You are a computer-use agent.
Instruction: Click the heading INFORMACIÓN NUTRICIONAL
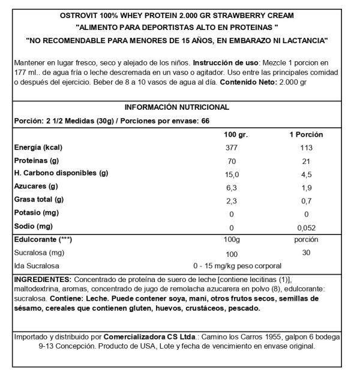click(x=176, y=107)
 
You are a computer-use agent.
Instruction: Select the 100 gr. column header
click(x=233, y=135)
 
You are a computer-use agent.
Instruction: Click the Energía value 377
click(x=232, y=148)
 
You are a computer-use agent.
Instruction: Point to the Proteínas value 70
click(x=232, y=161)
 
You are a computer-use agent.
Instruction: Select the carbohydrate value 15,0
click(x=232, y=174)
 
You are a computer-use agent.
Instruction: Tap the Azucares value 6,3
click(x=232, y=187)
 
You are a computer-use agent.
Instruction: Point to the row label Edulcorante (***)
click(x=43, y=239)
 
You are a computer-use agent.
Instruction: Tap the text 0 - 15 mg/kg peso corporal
click(x=237, y=265)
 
